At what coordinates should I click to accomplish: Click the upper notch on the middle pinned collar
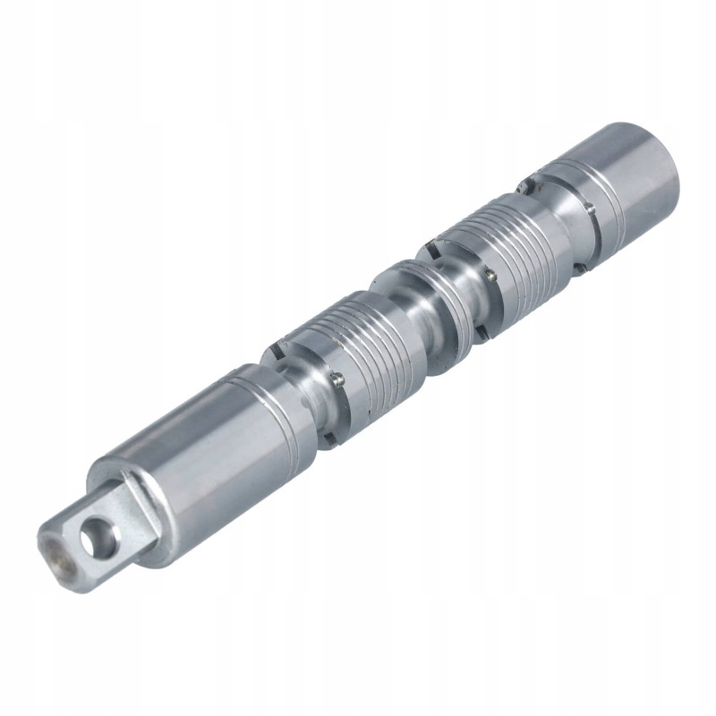(439, 241)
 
